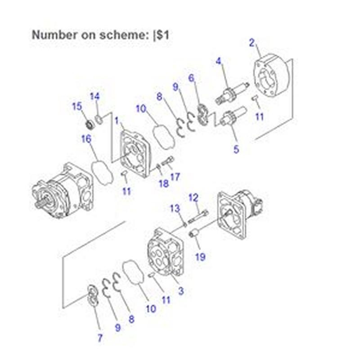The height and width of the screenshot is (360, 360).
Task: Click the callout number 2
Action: [x=252, y=43]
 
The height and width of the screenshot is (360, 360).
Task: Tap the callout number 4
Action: [x=219, y=61]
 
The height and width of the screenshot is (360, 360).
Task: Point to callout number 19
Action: [x=200, y=257]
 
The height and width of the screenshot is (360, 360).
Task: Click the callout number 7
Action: [x=100, y=337]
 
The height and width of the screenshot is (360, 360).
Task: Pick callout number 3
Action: [x=181, y=291]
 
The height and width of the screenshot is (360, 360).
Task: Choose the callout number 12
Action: [x=193, y=197]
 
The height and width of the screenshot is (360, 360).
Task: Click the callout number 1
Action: [x=117, y=121]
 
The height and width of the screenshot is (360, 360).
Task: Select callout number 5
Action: [x=236, y=149]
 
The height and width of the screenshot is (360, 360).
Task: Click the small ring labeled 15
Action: [x=89, y=122]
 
